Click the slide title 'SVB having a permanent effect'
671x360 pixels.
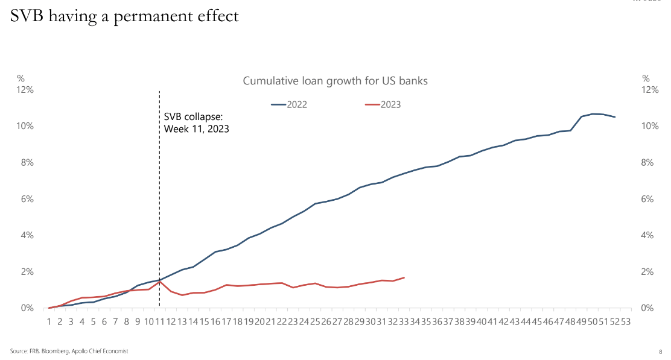pyautogui.click(x=124, y=17)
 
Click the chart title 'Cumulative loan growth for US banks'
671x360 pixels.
pyautogui.click(x=335, y=81)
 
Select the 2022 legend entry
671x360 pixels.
pyautogui.click(x=290, y=104)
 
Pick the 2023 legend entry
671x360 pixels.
pyautogui.click(x=383, y=104)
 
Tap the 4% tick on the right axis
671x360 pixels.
pyautogui.click(x=647, y=235)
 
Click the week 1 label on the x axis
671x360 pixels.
pyautogui.click(x=49, y=322)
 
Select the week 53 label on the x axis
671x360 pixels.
pyautogui.click(x=626, y=322)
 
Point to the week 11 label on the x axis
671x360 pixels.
pyautogui.click(x=159, y=322)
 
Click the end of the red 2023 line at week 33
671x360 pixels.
pyautogui.click(x=404, y=277)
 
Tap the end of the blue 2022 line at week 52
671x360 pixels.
pyautogui.click(x=615, y=117)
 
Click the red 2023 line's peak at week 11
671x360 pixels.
pyautogui.click(x=159, y=281)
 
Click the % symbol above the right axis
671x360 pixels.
pyautogui.click(x=646, y=78)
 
